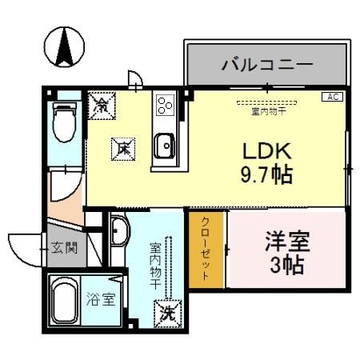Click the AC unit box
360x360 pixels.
[x=331, y=97]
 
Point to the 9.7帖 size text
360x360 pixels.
[x=263, y=174]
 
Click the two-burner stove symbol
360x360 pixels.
[x=165, y=104]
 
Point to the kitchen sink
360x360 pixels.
[x=165, y=146]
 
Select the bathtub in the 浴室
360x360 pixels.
[x=66, y=302]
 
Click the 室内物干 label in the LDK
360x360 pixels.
[x=270, y=110]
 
